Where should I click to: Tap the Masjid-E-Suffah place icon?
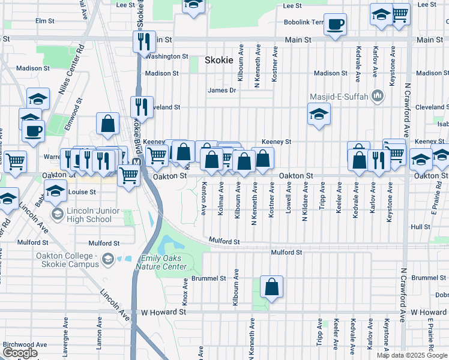click(x=378, y=96)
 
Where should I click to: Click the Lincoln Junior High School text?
click(x=89, y=215)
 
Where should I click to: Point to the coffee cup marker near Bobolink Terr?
click(x=335, y=25)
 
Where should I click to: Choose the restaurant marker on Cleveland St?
click(x=142, y=107)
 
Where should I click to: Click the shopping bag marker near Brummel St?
click(x=272, y=287)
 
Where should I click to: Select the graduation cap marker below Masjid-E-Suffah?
click(x=318, y=114)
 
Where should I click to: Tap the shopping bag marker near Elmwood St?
click(x=107, y=124)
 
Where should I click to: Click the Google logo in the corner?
click(x=20, y=353)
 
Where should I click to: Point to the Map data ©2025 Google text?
click(x=412, y=355)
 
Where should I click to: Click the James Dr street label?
click(x=221, y=91)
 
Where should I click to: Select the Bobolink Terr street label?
click(x=304, y=23)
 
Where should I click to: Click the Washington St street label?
click(x=167, y=56)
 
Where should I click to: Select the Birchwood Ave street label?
click(x=25, y=345)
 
